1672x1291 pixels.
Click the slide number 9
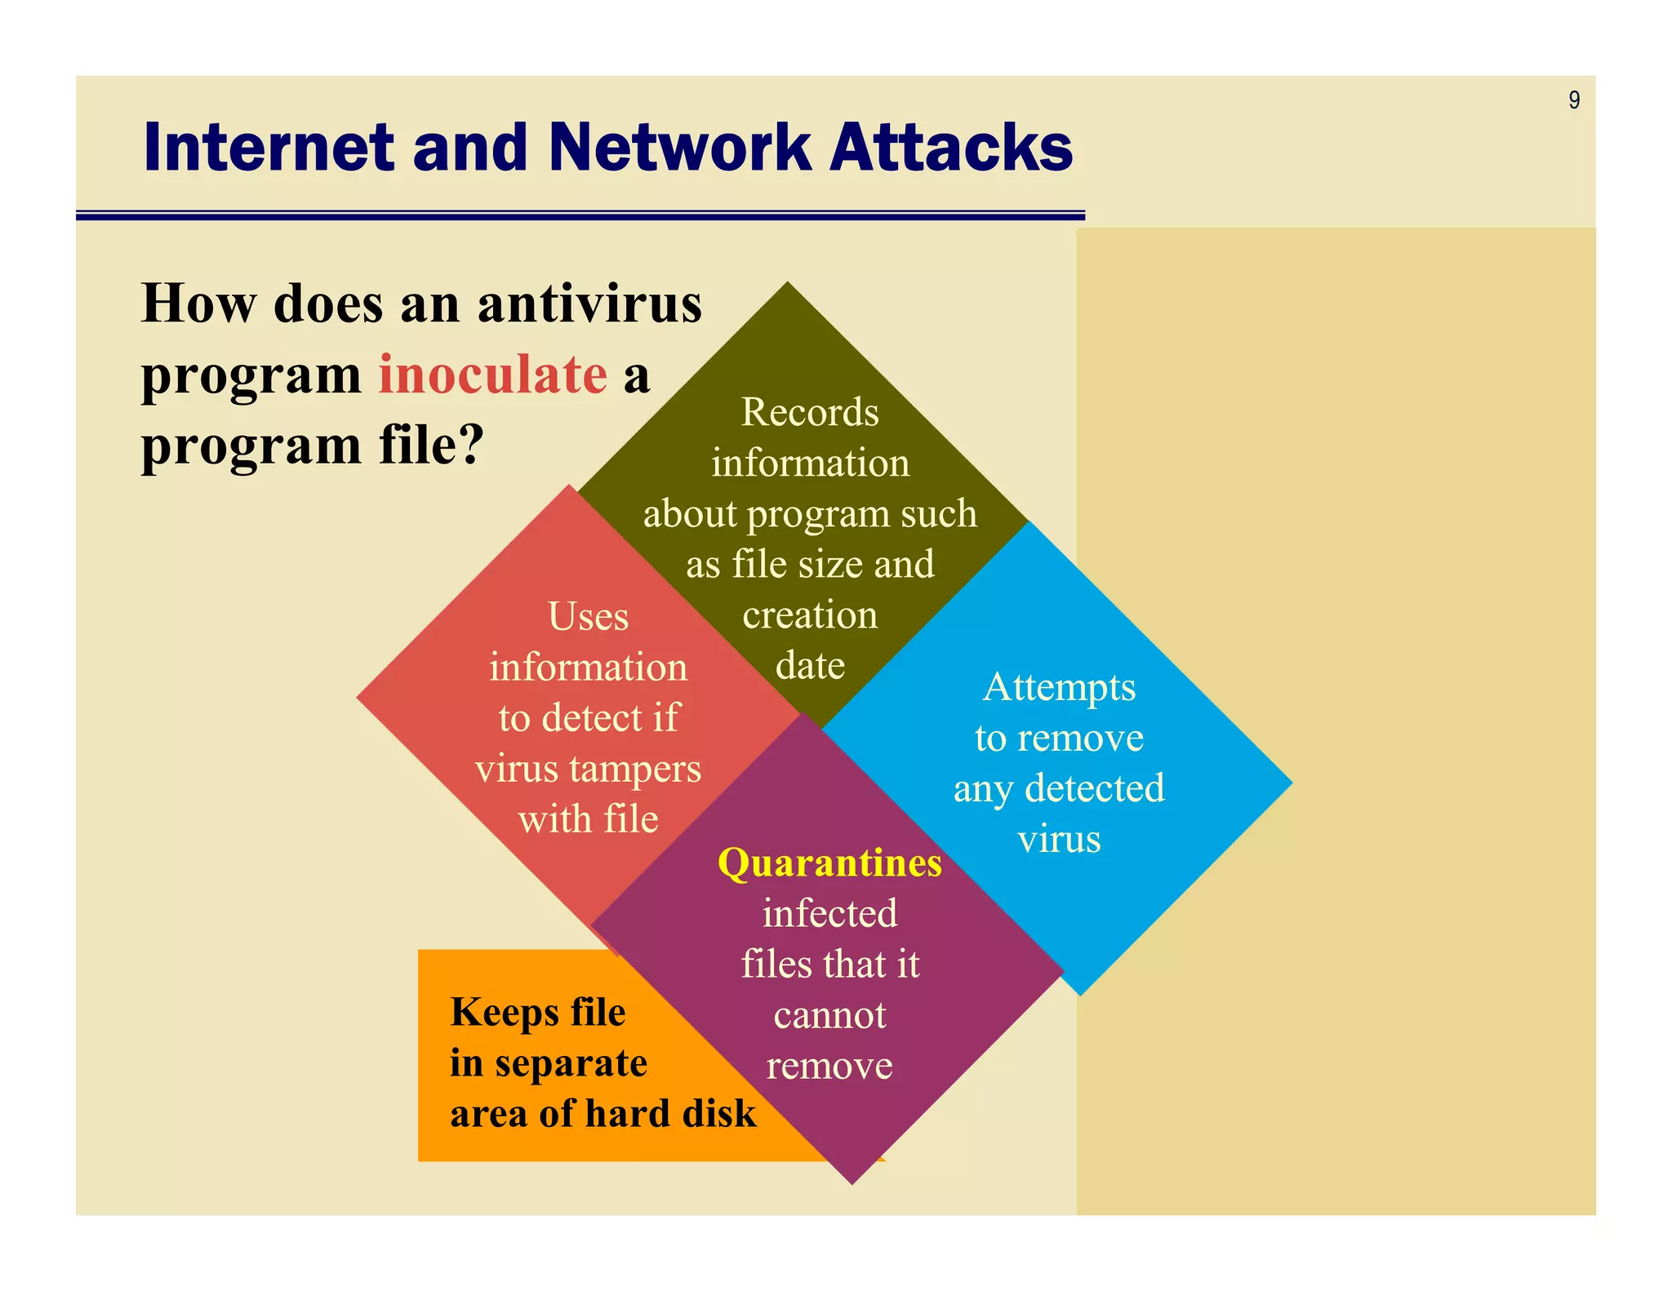click(x=1573, y=100)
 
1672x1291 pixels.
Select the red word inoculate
click(x=493, y=375)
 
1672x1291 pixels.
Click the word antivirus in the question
click(x=589, y=304)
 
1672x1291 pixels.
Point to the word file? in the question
click(x=431, y=446)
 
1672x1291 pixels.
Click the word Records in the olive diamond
click(x=810, y=412)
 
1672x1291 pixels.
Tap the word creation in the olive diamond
click(x=810, y=614)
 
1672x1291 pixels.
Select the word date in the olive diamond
click(x=810, y=665)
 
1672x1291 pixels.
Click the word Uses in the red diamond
click(x=588, y=616)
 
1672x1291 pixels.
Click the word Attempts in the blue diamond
click(x=1059, y=687)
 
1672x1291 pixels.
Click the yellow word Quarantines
click(x=829, y=863)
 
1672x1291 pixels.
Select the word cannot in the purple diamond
click(x=829, y=1015)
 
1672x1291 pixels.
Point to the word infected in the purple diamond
click(x=829, y=913)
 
